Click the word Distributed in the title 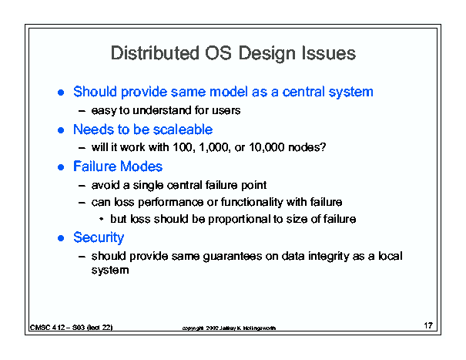(155, 53)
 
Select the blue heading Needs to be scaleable (143, 130)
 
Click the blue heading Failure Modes (118, 167)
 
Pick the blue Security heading (99, 237)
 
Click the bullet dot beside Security (61, 238)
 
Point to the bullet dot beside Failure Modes (61, 167)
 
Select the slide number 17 (428, 325)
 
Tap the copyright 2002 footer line (229, 328)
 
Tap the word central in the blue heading (303, 92)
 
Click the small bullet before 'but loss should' (102, 219)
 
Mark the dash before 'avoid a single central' (82, 185)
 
